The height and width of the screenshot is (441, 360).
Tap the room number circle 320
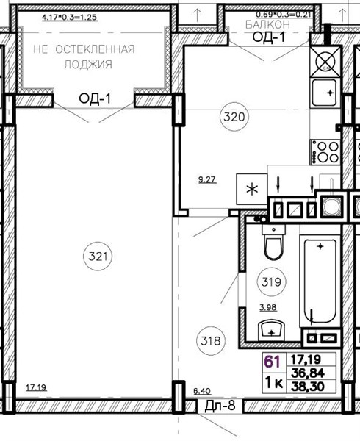[x=234, y=116]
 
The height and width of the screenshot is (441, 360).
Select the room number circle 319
[x=271, y=282]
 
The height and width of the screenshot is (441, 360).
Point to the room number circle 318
[x=211, y=341]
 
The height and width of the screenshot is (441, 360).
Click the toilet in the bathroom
[x=273, y=242]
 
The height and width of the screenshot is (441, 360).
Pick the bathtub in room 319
[x=320, y=282]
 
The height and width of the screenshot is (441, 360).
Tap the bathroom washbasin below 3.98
[x=272, y=330]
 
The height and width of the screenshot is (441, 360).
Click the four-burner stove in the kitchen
[x=325, y=152]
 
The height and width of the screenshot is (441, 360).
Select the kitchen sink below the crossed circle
[x=325, y=93]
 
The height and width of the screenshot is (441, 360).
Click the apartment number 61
[x=272, y=362]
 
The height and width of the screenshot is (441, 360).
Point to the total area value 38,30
[x=308, y=387]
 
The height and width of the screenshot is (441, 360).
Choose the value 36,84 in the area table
[x=308, y=373]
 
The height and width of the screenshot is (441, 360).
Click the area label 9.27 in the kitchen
[x=207, y=179]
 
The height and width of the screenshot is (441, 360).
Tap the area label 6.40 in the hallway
[x=202, y=391]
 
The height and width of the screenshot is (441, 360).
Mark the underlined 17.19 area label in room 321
[x=36, y=387]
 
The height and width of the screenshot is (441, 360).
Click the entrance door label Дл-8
[x=220, y=406]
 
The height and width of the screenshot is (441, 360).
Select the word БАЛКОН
[x=267, y=25]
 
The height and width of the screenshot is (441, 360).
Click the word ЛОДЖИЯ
[x=88, y=65]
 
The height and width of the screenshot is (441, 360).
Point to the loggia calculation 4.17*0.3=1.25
[x=69, y=18]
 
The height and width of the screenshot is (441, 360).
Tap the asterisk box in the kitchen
[x=252, y=189]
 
